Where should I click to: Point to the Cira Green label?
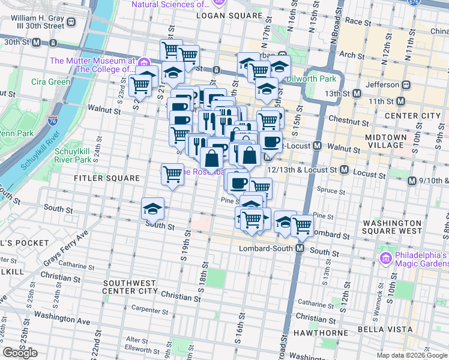point(51,82)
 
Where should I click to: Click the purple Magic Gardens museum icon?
point(386,259)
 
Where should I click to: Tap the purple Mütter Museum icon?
point(143,62)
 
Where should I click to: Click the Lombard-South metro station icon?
point(300,248)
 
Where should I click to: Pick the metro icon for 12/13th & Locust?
point(344,170)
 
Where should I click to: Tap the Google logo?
point(20,353)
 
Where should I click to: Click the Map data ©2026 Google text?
point(412,355)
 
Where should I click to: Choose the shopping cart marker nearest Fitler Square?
point(172,174)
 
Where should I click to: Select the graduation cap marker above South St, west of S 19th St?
point(152,208)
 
